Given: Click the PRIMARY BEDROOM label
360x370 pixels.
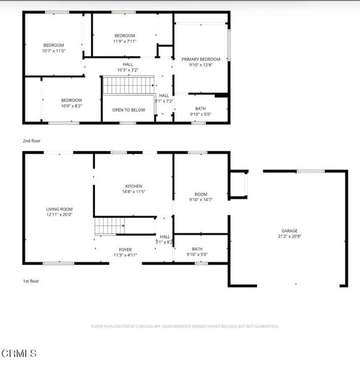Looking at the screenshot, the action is click(x=201, y=59).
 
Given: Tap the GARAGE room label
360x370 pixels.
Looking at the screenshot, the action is click(x=289, y=231).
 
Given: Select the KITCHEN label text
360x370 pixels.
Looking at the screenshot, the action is click(x=134, y=186).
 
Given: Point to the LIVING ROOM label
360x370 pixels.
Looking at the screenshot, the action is click(x=59, y=209).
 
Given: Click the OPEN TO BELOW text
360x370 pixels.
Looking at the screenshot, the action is click(x=128, y=110).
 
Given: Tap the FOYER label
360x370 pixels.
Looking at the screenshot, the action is click(x=125, y=249).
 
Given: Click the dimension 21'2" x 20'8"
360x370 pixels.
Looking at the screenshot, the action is click(x=289, y=236).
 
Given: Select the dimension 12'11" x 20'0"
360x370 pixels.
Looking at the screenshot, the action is click(x=59, y=214).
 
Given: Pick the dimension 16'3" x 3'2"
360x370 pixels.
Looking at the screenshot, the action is click(x=128, y=70).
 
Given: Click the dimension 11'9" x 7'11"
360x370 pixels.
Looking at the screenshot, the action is click(x=124, y=41).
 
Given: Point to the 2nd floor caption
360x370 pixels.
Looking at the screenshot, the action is click(x=31, y=141).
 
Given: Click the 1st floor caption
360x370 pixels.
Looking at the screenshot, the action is click(x=31, y=281).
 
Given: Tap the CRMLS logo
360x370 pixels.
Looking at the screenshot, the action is click(x=19, y=353).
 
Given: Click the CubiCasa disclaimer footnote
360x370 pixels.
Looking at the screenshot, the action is click(x=185, y=326).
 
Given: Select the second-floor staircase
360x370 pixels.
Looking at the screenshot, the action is click(x=128, y=85).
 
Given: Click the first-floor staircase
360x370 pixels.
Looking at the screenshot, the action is click(x=110, y=226).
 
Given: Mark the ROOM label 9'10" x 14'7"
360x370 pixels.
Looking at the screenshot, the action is click(x=201, y=197).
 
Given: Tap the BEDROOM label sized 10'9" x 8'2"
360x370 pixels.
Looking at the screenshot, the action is click(x=72, y=103).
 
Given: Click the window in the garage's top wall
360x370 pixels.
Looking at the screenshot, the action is click(x=311, y=171).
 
